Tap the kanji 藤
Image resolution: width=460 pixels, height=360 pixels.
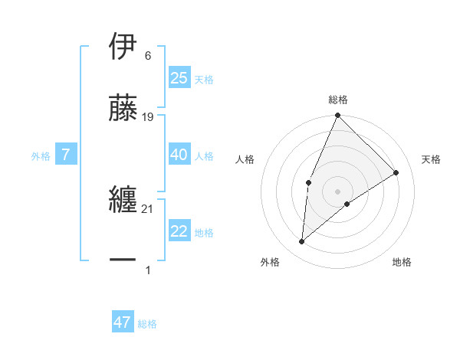(124, 108)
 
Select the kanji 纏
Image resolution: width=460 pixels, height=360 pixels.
(124, 200)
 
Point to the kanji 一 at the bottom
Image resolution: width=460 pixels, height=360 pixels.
(124, 261)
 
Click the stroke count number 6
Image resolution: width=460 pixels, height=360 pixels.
(147, 56)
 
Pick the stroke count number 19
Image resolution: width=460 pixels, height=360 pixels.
(149, 117)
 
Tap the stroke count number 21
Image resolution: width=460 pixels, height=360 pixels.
(149, 209)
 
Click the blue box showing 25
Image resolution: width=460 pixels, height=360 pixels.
(179, 78)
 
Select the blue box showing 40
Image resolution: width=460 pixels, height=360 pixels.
(179, 155)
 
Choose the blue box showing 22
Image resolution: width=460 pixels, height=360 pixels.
(179, 231)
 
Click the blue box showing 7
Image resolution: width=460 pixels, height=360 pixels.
(66, 155)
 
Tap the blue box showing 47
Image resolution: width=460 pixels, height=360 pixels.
(123, 322)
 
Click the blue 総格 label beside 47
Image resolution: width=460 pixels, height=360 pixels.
(147, 324)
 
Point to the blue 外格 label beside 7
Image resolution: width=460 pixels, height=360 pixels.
(41, 156)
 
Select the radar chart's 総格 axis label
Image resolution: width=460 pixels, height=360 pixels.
(338, 100)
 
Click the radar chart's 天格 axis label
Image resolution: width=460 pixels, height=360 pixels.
(431, 159)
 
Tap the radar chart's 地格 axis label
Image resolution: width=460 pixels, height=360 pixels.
(402, 262)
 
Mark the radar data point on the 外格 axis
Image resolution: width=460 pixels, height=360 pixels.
(302, 242)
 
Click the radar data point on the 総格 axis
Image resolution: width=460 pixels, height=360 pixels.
(338, 116)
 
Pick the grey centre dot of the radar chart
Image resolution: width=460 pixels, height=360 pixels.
(338, 191)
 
